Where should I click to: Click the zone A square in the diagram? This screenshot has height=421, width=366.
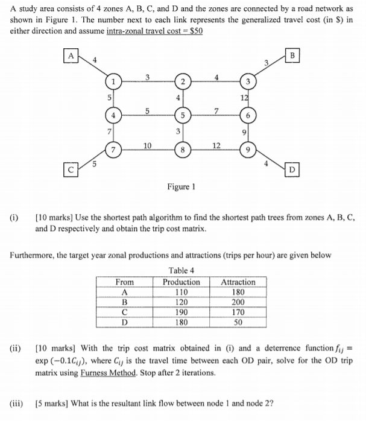(x=72, y=56)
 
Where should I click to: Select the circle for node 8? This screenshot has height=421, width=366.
(x=180, y=148)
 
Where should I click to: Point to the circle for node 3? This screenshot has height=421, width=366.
(x=247, y=81)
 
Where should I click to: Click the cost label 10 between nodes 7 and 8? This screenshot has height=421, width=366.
(x=147, y=144)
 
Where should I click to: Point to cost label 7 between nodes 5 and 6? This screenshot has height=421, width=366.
(x=215, y=109)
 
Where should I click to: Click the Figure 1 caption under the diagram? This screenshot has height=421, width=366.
(x=180, y=186)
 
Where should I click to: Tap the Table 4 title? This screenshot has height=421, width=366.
(x=180, y=270)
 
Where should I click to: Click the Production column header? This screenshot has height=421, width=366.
(x=181, y=282)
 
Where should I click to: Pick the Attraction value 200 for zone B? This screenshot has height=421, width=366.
(x=238, y=302)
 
